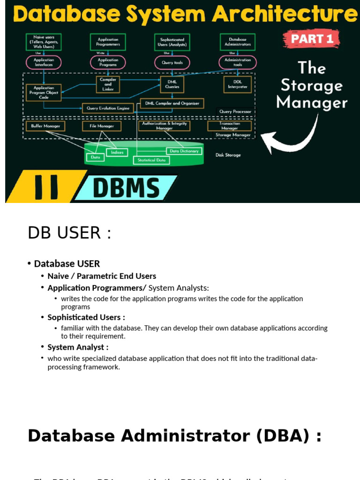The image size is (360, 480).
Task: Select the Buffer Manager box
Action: point(45,126)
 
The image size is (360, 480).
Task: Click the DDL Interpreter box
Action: point(237,84)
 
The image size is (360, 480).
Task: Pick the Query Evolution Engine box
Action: point(108,108)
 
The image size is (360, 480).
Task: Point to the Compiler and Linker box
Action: point(108,84)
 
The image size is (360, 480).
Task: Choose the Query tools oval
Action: point(172,62)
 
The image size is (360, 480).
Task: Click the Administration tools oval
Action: point(238,62)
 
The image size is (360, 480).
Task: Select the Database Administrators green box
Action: point(238,42)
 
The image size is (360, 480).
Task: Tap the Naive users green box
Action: point(44,42)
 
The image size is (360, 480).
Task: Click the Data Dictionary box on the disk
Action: point(184,151)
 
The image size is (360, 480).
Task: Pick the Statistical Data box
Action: point(151,160)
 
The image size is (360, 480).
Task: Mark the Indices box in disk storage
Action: point(117,152)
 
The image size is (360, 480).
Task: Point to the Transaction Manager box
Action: point(230,126)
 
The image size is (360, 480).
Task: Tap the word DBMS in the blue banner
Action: point(126,189)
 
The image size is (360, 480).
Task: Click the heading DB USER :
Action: point(69,232)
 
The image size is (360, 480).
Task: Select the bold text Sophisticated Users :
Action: point(86,317)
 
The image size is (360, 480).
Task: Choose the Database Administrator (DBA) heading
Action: point(174,436)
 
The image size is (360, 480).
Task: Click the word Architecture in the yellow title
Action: point(284,14)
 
